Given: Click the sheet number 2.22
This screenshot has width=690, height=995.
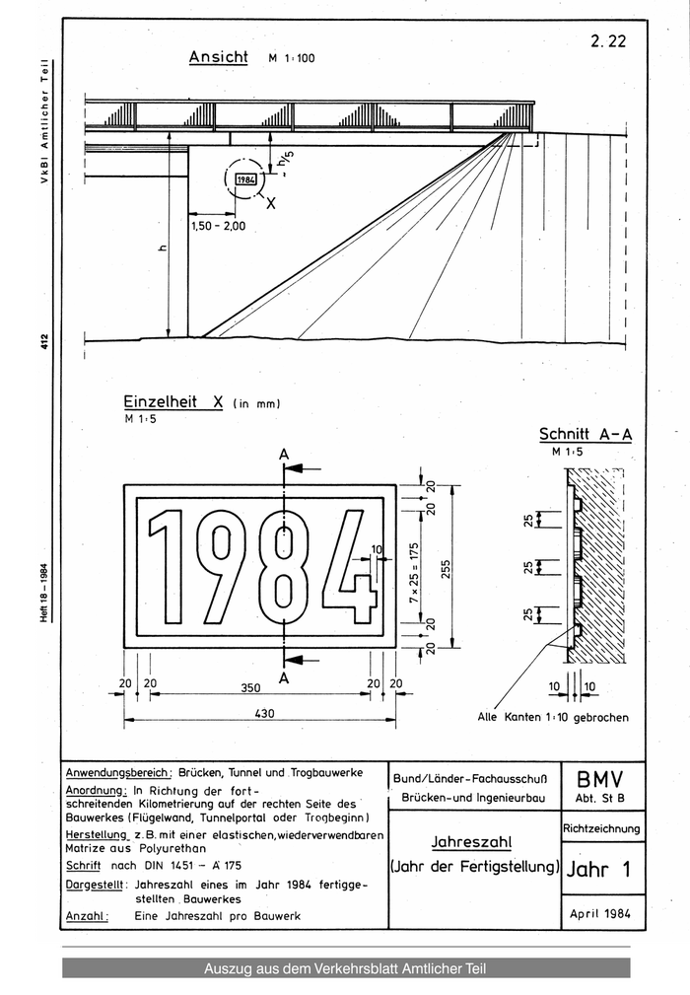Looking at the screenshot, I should [608, 41].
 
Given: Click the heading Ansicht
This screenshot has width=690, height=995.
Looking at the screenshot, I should [218, 57].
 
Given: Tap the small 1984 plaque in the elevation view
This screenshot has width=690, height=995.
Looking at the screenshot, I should [245, 179].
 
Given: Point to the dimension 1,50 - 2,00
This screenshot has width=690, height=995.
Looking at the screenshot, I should [218, 226].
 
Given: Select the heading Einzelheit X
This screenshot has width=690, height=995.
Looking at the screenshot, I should [173, 402].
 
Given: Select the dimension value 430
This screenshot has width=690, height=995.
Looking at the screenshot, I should [261, 714].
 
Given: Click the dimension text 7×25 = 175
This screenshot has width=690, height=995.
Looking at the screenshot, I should [414, 568].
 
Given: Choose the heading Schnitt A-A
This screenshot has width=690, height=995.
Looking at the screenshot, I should [584, 434].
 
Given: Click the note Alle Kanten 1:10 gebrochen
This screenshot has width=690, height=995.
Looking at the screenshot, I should [553, 717].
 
